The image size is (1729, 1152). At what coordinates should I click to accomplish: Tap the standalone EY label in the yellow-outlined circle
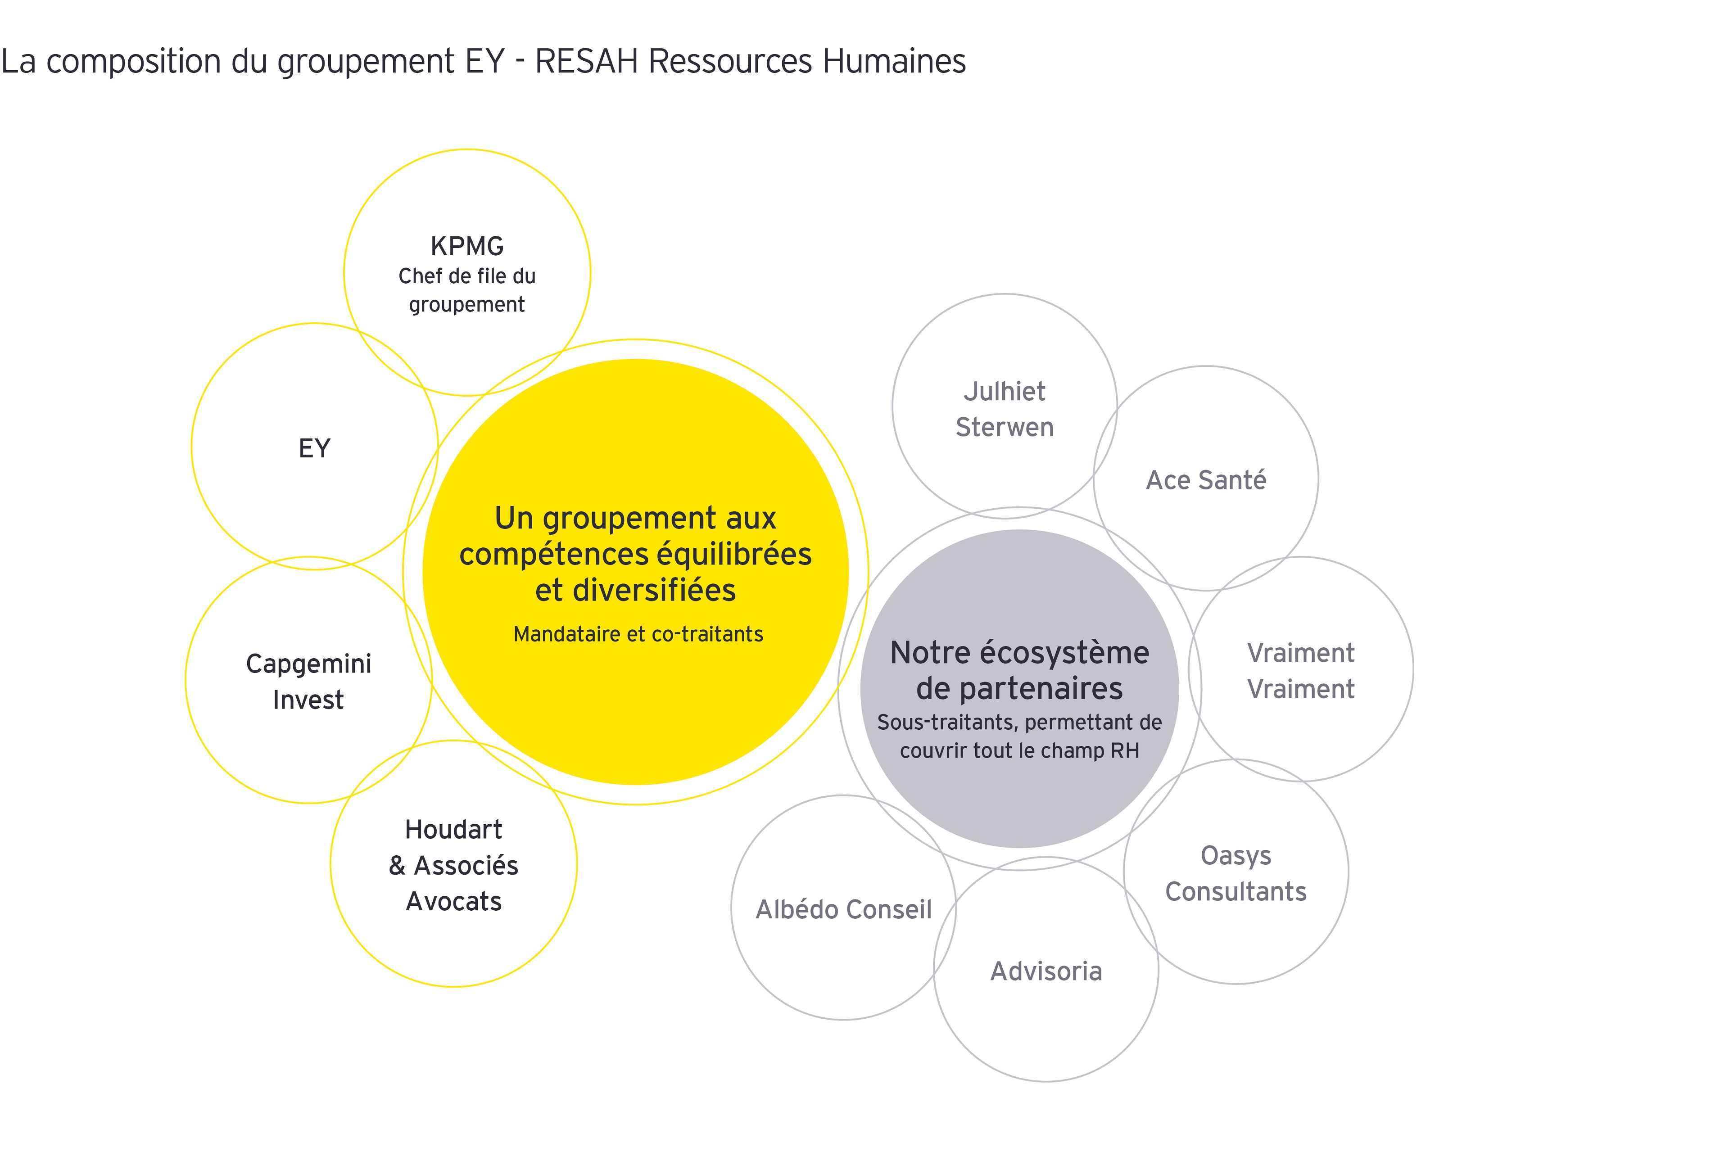(314, 448)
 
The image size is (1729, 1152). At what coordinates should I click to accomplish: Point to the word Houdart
(453, 830)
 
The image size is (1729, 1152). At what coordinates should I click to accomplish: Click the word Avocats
(453, 901)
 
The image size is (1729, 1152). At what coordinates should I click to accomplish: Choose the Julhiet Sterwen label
(1005, 409)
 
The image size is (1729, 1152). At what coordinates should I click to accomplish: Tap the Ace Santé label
(1206, 480)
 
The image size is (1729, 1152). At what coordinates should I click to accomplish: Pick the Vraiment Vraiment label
(1301, 671)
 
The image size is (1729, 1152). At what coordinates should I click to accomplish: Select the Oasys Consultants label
(1236, 873)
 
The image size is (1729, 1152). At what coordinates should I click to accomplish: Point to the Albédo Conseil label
(843, 909)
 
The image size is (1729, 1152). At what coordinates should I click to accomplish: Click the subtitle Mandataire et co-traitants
(638, 634)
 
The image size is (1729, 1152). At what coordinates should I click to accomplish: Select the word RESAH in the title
(586, 61)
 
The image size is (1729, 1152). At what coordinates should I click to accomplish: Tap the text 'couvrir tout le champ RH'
(1019, 751)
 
